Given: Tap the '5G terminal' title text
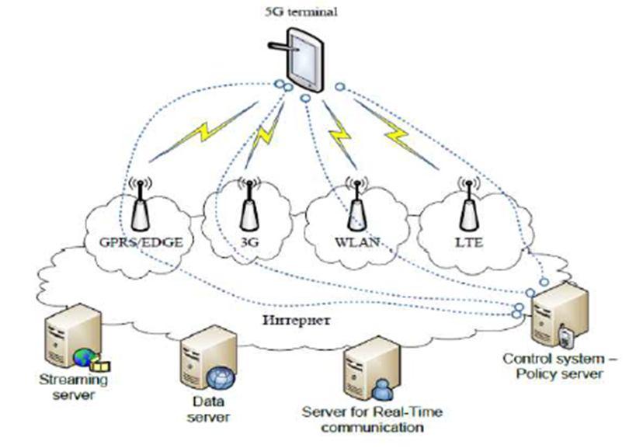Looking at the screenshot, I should pos(312,12).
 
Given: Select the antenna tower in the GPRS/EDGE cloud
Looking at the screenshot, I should pos(141,205).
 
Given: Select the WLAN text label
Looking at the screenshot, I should pos(356,242).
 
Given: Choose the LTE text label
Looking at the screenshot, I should pos(467,242).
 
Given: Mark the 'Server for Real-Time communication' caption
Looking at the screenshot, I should pos(362,420).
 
